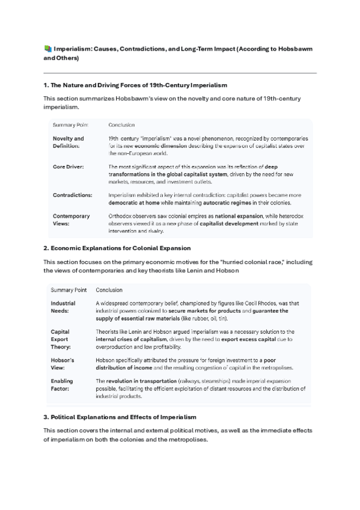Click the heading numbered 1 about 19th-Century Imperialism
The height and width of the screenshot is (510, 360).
point(135,85)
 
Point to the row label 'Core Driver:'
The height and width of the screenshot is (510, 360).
point(67,166)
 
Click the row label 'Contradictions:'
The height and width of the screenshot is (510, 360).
point(72,195)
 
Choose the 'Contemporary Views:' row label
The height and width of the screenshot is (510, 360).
point(71,220)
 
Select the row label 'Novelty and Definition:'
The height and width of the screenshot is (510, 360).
point(68,142)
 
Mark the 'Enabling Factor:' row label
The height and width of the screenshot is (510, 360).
point(63,385)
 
